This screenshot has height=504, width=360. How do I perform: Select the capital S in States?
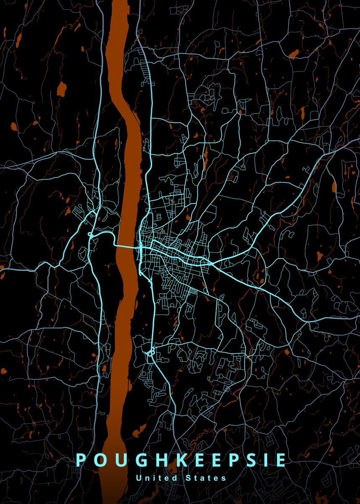187,478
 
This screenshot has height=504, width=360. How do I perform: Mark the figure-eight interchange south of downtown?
151,352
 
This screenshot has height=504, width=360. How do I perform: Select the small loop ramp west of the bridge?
90,234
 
